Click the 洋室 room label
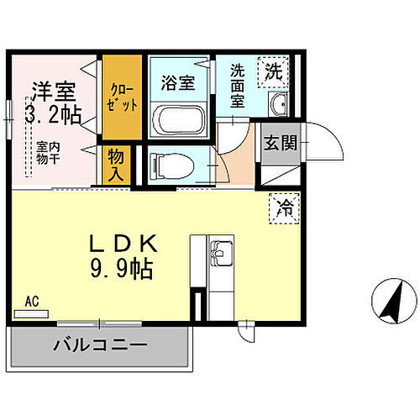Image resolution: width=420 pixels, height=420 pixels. click(x=52, y=89)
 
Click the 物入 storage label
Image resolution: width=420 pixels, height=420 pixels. click(x=117, y=165)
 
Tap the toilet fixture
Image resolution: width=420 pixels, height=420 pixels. click(x=171, y=165)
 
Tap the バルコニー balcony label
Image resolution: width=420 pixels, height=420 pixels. click(x=101, y=344)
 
